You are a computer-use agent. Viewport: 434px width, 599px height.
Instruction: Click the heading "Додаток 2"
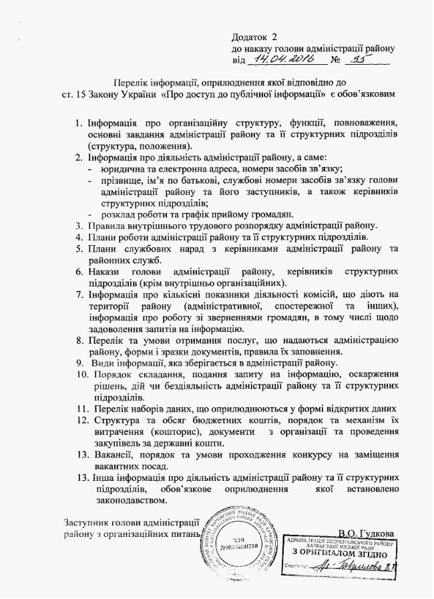click(x=254, y=36)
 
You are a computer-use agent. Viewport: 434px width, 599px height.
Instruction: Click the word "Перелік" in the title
click(x=129, y=82)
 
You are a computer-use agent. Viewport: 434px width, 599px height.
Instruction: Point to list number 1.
click(x=79, y=124)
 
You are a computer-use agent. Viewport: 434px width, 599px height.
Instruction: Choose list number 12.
click(x=80, y=420)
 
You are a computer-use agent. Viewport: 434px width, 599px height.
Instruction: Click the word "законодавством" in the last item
click(x=129, y=500)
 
